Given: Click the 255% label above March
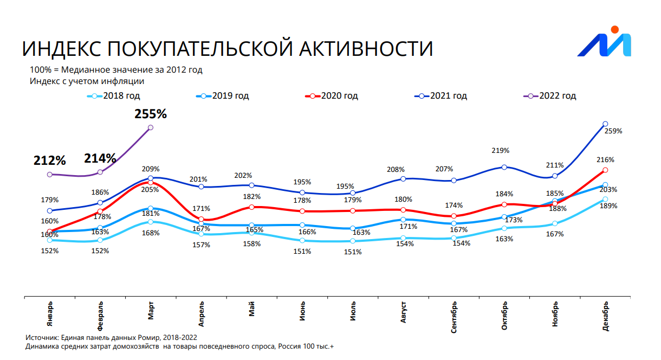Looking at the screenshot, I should (x=151, y=114).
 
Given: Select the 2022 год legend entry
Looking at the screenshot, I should (x=557, y=96).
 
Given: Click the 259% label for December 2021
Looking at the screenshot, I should (x=614, y=131).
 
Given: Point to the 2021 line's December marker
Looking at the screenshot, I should (x=605, y=124).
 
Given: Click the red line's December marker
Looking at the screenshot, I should (x=605, y=170).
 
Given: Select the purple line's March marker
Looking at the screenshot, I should (x=151, y=127).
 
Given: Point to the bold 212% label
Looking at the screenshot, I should (x=49, y=160).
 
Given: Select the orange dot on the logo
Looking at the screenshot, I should (x=614, y=29).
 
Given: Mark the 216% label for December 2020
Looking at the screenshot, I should (x=606, y=160).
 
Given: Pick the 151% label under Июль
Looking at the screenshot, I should (x=353, y=251).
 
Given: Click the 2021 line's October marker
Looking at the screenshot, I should (x=504, y=167).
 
